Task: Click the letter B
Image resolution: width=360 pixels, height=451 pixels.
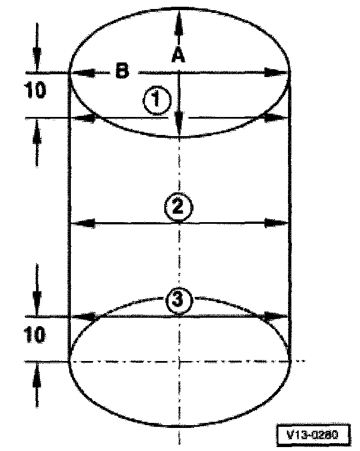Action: tap(121, 71)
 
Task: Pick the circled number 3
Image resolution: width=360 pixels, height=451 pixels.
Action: tap(178, 301)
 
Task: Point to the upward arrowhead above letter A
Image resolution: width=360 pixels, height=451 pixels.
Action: tap(178, 20)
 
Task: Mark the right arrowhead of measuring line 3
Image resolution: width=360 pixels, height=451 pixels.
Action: tap(274, 316)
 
